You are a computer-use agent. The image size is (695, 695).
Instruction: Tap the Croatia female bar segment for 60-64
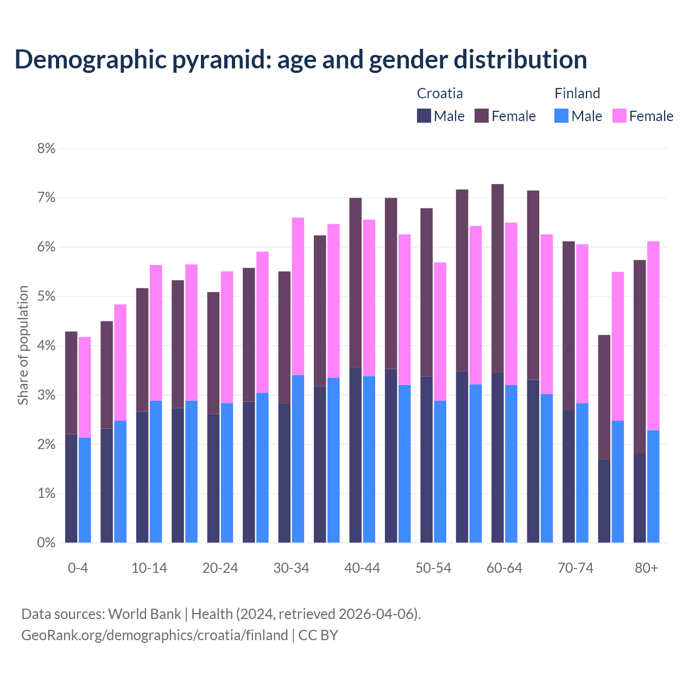(497, 278)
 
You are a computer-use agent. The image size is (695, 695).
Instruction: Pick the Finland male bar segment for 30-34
(298, 459)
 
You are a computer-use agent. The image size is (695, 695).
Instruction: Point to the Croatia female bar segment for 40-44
(356, 282)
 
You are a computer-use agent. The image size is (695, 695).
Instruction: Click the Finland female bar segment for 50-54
(440, 331)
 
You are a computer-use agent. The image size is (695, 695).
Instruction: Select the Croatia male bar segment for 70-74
(568, 476)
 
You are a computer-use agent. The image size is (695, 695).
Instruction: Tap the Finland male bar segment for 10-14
(156, 471)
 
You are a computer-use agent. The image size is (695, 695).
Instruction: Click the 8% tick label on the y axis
(46, 148)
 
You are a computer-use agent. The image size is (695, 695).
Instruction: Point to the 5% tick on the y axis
(46, 296)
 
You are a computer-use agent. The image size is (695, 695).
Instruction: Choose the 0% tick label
(46, 542)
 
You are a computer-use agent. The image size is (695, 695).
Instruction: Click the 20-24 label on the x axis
(220, 568)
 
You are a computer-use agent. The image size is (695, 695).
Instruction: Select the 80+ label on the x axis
(646, 568)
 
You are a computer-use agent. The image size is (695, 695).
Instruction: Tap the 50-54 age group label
(433, 568)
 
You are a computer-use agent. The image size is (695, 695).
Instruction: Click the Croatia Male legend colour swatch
(424, 116)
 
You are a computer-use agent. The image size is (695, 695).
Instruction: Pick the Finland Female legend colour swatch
(620, 116)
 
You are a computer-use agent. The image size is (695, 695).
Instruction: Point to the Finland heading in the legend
(577, 93)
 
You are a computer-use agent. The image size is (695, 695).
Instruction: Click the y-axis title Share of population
(23, 345)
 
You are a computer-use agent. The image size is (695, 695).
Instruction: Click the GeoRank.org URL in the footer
(154, 635)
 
